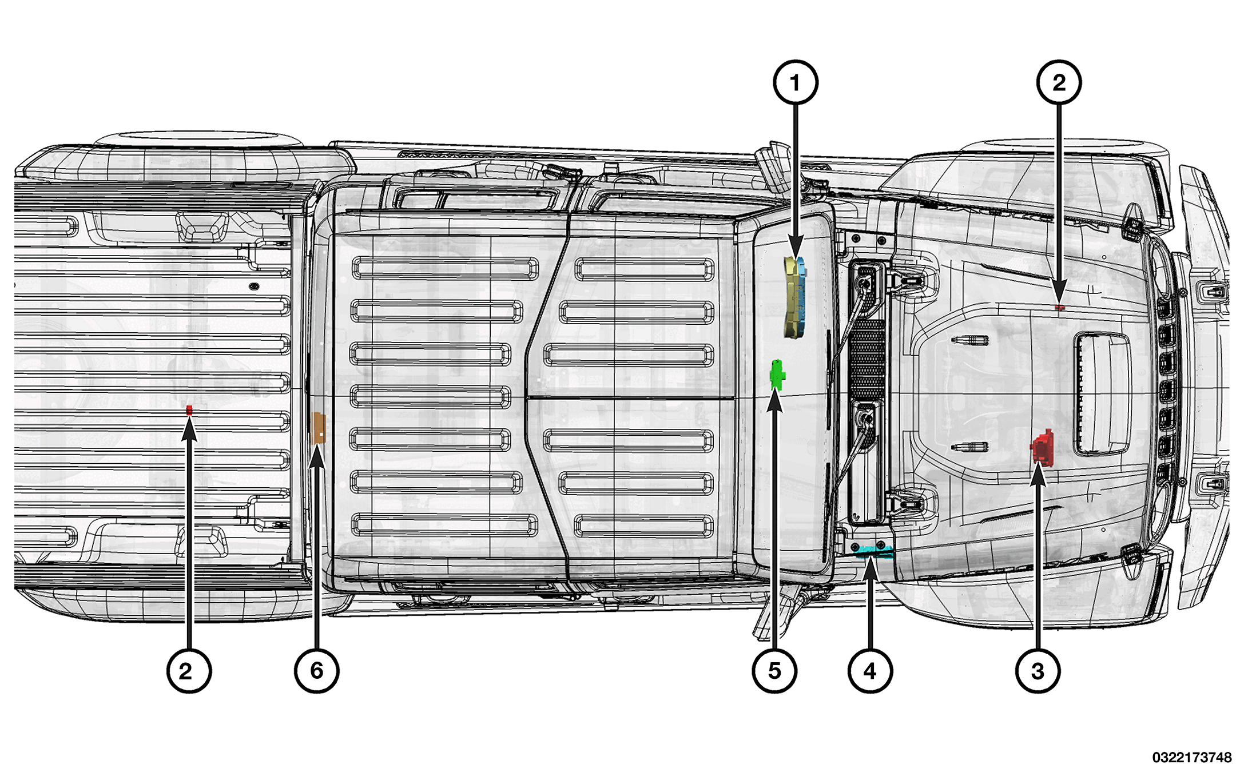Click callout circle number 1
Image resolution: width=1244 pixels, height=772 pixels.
click(x=795, y=83)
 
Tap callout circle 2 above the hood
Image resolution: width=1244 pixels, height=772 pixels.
click(x=1059, y=83)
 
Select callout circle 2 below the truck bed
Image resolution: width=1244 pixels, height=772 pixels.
click(x=189, y=671)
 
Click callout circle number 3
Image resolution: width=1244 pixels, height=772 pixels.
click(x=1038, y=671)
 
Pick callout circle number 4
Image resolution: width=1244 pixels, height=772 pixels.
click(x=870, y=671)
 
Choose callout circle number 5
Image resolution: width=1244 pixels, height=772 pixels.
click(x=774, y=671)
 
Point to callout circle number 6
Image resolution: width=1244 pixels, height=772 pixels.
click(x=316, y=671)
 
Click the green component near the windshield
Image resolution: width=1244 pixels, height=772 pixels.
click(x=777, y=375)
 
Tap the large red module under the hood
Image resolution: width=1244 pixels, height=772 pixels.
click(x=1043, y=448)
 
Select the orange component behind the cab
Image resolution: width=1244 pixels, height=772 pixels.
click(x=318, y=428)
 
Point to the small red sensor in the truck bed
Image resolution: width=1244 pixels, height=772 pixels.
click(x=189, y=409)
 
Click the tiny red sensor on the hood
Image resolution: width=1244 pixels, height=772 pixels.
click(x=1059, y=308)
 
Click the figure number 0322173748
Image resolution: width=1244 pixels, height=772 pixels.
click(x=1191, y=757)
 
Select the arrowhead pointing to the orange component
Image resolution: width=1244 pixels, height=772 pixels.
click(x=317, y=458)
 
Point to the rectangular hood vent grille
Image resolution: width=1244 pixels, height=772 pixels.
click(x=1102, y=393)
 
